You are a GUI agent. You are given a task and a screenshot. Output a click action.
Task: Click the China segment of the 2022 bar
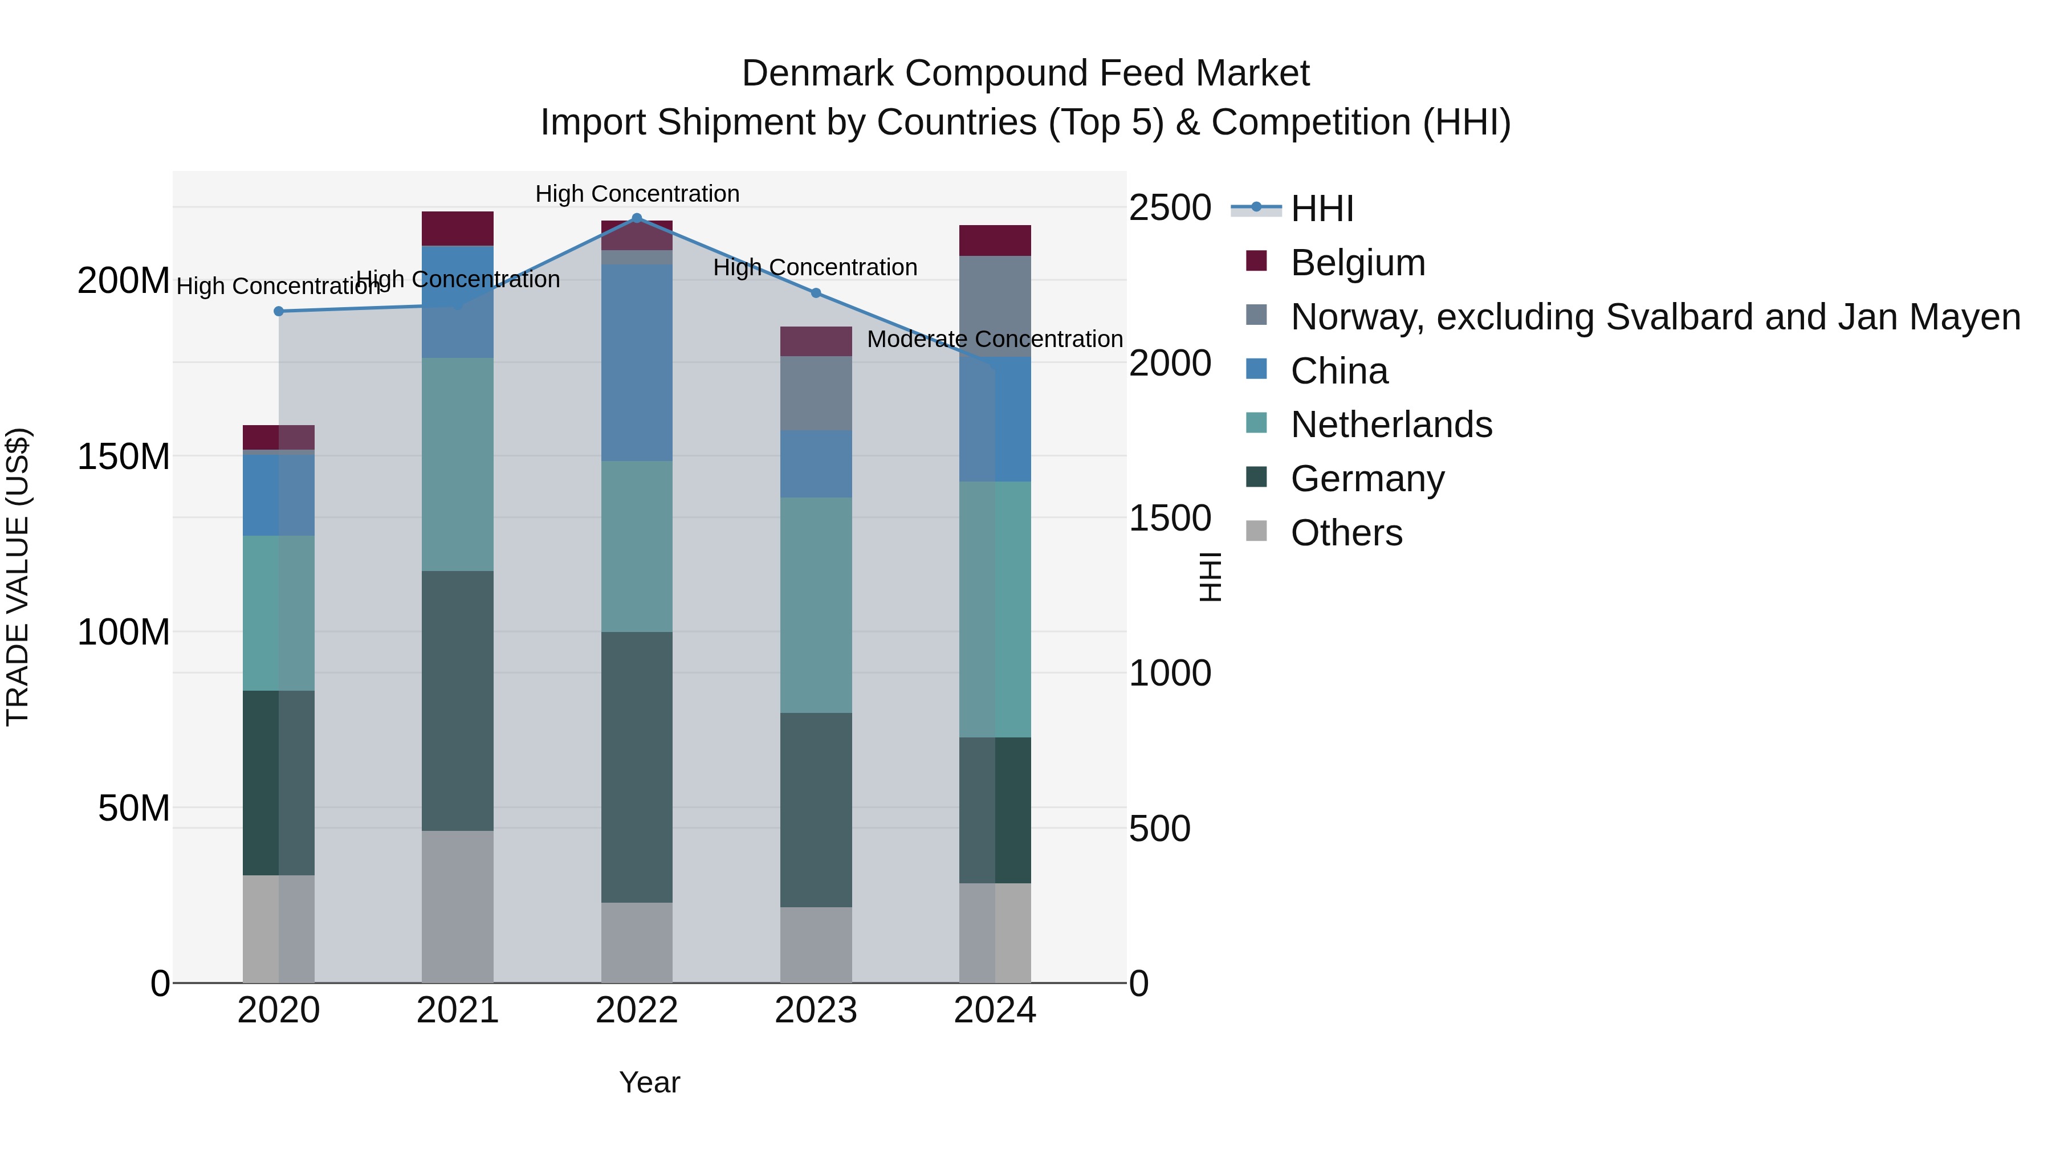coord(637,362)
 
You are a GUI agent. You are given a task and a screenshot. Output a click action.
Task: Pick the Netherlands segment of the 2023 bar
coord(816,605)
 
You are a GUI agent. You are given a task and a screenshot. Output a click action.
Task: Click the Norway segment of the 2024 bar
coord(995,307)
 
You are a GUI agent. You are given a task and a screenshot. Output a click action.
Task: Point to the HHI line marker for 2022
coord(637,218)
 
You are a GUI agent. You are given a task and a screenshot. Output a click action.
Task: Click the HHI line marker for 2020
coord(279,311)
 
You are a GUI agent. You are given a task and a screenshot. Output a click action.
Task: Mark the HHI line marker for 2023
coord(816,293)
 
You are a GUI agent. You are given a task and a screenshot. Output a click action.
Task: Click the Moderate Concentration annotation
coord(995,339)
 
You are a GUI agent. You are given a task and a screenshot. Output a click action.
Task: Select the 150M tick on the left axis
coord(124,457)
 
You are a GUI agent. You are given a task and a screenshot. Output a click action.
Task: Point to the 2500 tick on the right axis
coord(1170,208)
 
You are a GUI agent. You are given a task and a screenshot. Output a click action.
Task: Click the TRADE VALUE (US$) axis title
coord(18,577)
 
